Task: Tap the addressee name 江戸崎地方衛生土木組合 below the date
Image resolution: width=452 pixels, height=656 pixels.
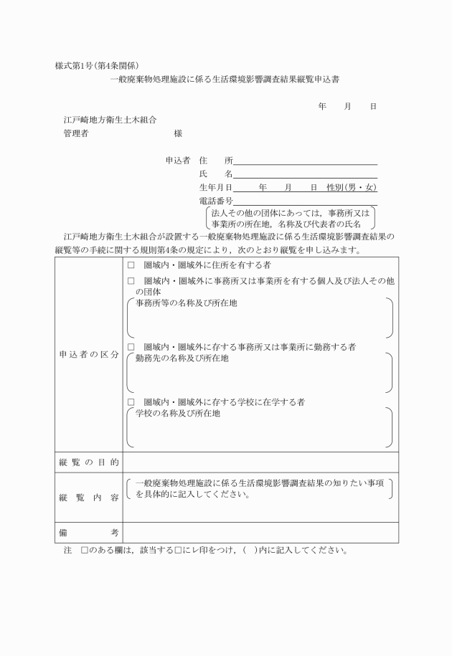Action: tap(110, 120)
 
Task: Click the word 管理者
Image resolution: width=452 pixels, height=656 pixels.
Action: tap(76, 133)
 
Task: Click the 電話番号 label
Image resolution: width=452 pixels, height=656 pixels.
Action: tap(216, 201)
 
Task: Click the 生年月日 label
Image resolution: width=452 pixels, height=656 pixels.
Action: tap(216, 187)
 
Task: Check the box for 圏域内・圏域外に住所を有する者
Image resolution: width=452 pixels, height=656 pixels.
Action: tap(131, 265)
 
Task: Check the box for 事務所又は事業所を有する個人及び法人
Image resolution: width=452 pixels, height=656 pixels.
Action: tap(131, 282)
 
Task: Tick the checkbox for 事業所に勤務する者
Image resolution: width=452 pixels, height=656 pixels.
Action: tap(131, 346)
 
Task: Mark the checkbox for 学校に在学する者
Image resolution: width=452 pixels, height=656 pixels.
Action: tap(131, 401)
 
